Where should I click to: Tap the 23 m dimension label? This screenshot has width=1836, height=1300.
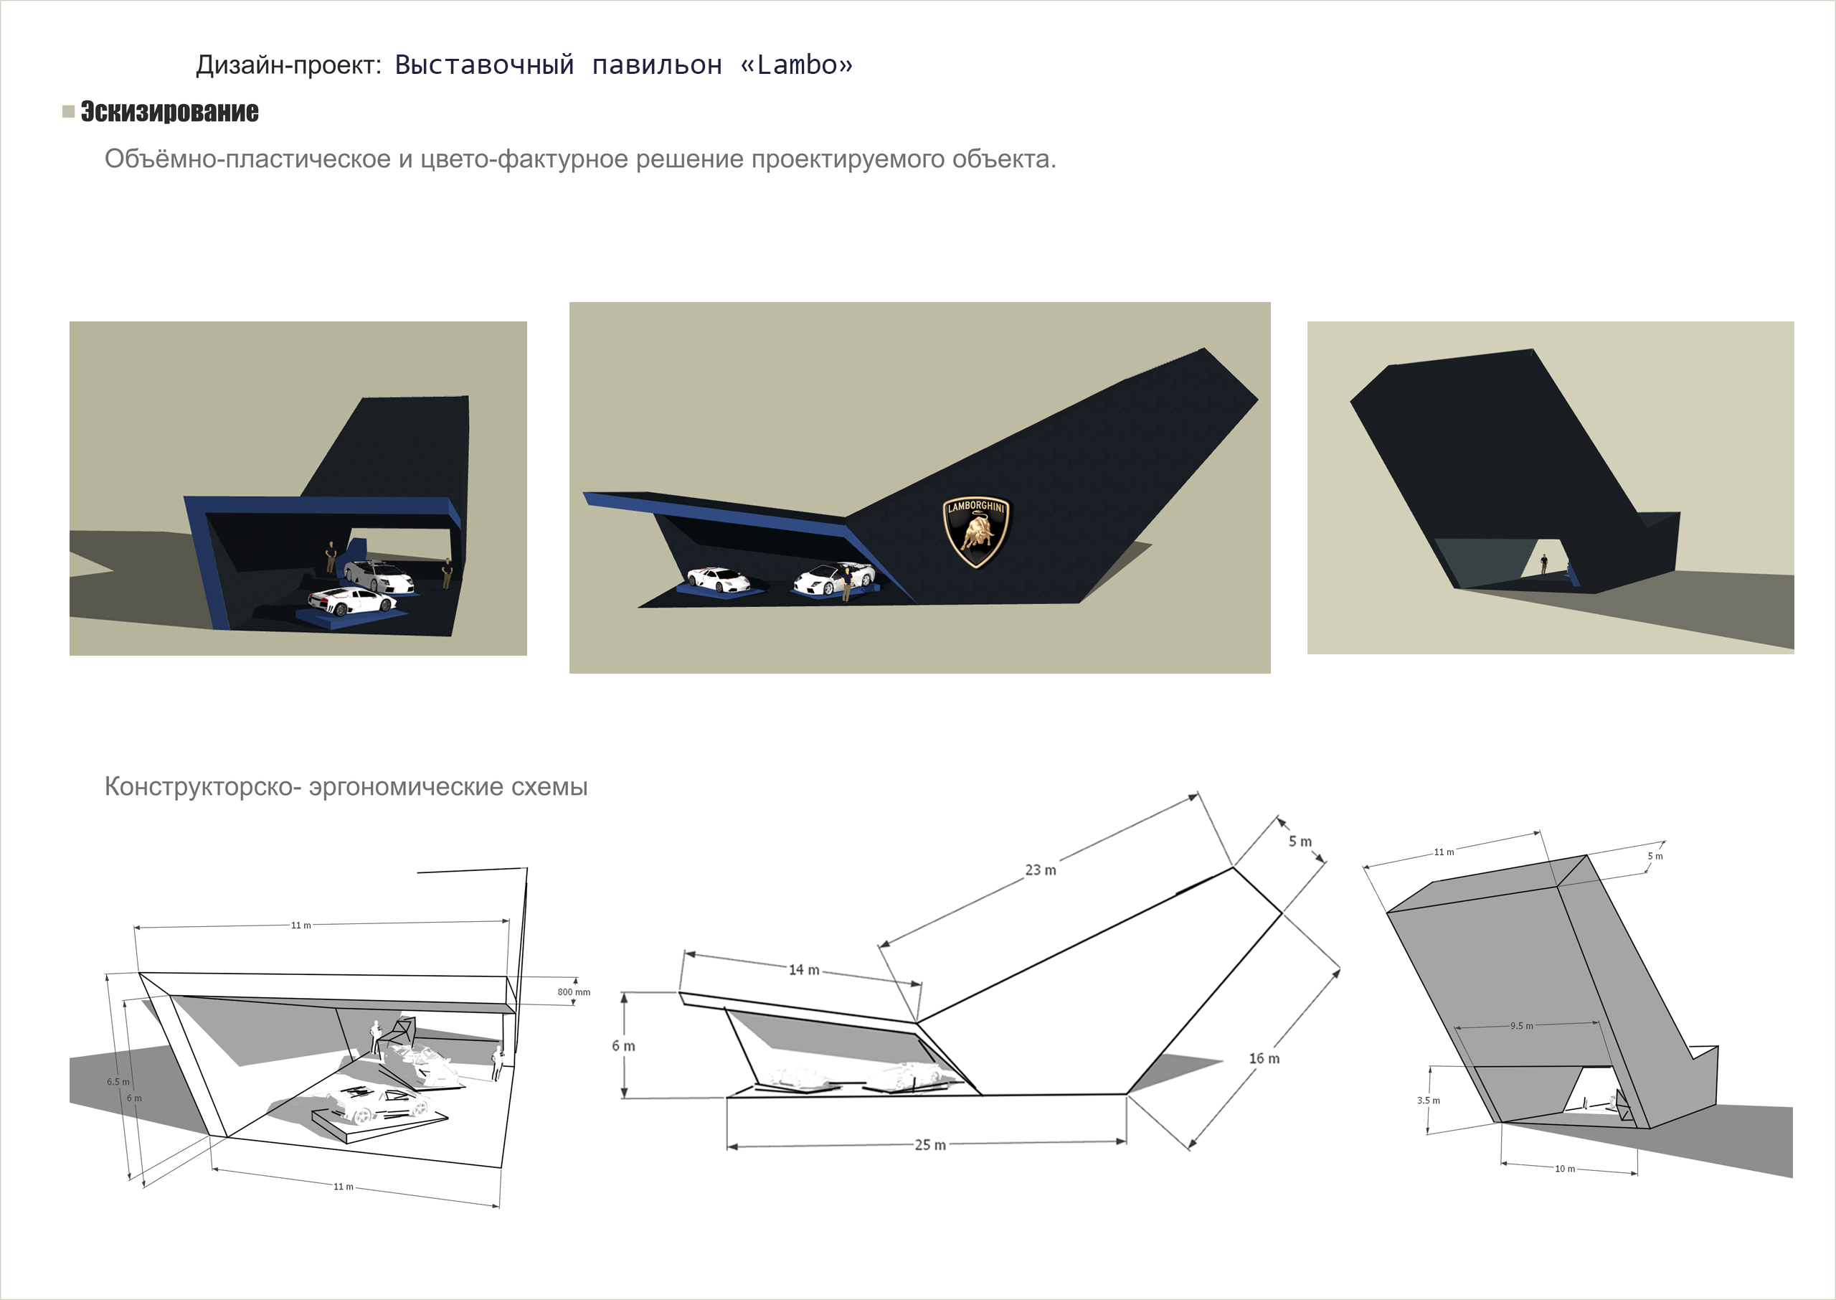pos(1041,870)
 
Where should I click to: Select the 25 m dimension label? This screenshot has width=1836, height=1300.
pos(930,1146)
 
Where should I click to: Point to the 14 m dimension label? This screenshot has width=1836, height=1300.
pos(804,970)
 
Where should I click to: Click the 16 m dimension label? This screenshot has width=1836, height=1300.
pos(1264,1059)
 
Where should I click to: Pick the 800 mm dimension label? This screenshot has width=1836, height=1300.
pos(574,993)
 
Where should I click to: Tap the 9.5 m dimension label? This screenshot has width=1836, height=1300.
pos(1522,1026)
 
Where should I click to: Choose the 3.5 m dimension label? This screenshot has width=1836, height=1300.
pos(1428,1101)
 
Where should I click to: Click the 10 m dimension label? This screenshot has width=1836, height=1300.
pos(1565,1169)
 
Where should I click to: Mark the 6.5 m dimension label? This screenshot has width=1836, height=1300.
pos(118,1083)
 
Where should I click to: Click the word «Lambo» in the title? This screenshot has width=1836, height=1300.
pos(797,65)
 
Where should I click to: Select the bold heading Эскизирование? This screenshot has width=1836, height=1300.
pos(169,111)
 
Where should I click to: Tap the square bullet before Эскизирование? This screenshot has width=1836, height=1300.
pos(69,111)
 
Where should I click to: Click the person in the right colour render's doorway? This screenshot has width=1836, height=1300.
pos(1544,565)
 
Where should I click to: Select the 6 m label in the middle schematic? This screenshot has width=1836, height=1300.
pos(623,1046)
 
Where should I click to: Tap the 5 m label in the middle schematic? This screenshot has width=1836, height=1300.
pos(1300,842)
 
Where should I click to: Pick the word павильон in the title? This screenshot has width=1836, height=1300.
pos(657,65)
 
